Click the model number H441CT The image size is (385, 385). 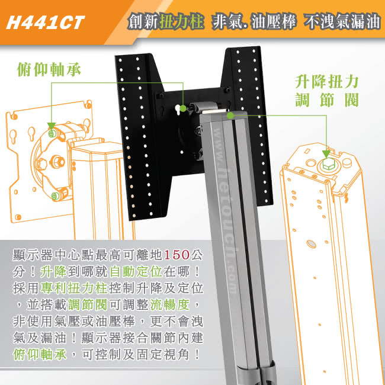pyautogui.click(x=45, y=23)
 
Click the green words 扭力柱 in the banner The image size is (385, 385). pyautogui.click(x=185, y=23)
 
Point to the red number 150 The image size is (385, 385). pyautogui.click(x=177, y=256)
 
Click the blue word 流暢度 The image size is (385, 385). pyautogui.click(x=179, y=306)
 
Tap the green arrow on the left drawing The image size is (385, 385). pyautogui.click(x=52, y=127)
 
